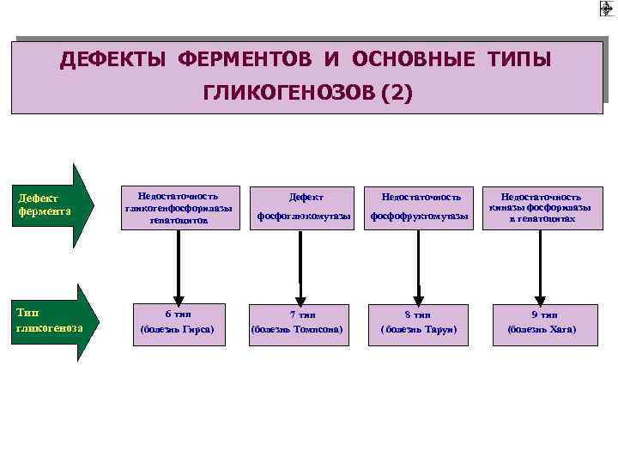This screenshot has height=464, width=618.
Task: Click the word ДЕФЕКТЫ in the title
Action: coord(114,61)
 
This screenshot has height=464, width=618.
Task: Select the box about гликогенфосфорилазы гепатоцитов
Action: coord(179,209)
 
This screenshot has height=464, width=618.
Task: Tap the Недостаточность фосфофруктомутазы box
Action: coord(419,209)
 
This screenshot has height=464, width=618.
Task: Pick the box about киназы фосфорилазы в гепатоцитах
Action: coord(541,209)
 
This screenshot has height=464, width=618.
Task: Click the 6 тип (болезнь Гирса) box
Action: coord(179,322)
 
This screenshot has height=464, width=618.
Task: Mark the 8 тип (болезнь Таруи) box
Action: coord(419,322)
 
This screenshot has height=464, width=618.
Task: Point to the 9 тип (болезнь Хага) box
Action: coord(541,322)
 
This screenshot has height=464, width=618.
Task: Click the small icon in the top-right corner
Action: coord(607,9)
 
